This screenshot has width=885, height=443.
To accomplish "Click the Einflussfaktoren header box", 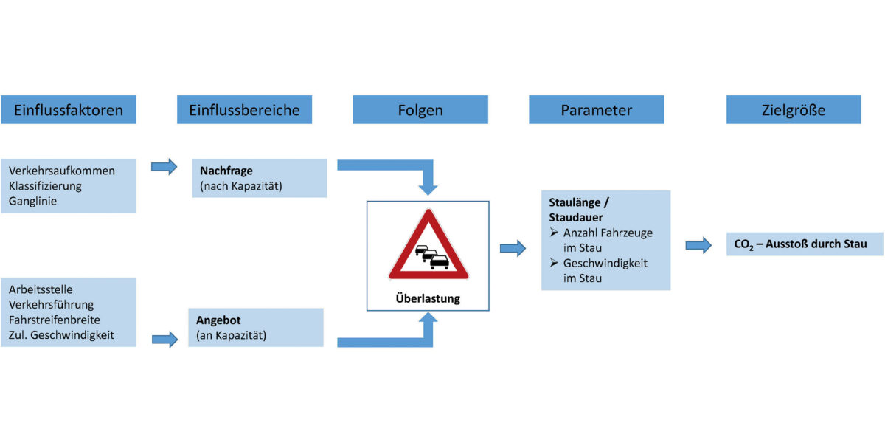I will coord(68,110).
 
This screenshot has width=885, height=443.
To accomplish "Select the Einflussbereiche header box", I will coord(244,110).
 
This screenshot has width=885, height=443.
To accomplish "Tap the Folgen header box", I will coord(420,110).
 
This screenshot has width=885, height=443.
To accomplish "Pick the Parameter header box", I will coord(596,110).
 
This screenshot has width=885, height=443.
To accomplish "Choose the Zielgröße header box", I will coord(794,110).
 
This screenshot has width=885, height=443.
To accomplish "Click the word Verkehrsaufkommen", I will coord(62,171).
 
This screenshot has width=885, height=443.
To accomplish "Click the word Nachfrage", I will coord(226,171).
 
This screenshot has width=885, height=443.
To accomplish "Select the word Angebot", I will coord(218,320).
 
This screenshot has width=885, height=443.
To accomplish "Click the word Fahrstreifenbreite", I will coord(55,320).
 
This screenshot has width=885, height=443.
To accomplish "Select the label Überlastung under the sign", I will coord(428,299).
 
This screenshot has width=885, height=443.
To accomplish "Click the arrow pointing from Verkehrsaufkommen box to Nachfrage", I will coord(164,167).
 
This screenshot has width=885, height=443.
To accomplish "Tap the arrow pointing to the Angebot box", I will coord(164,339).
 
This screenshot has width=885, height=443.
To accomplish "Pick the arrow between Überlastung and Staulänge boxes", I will coord(513,248).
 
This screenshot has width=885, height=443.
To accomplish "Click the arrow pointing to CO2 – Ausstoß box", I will coord(698,245).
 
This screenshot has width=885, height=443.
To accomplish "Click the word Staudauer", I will coord(576,218).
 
